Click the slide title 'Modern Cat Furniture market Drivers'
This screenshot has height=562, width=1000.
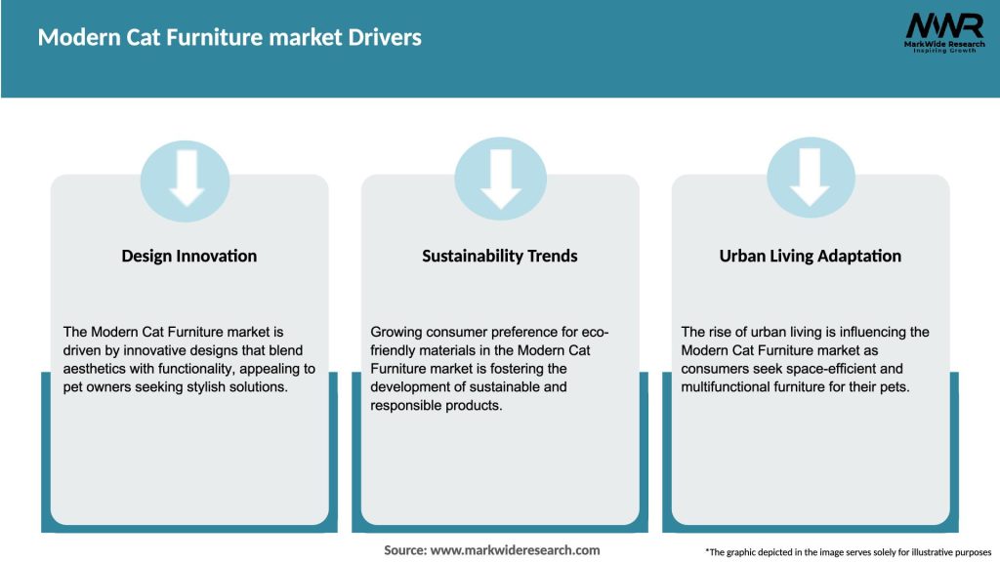(x=229, y=38)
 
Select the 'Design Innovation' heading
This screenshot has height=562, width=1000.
(x=189, y=256)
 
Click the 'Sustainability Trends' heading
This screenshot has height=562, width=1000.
(x=500, y=256)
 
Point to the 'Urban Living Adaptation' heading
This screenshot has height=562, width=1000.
(x=811, y=256)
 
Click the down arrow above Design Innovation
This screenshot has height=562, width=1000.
(x=186, y=180)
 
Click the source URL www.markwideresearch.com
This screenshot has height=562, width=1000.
(x=516, y=550)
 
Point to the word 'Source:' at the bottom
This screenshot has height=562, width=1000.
(x=405, y=550)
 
